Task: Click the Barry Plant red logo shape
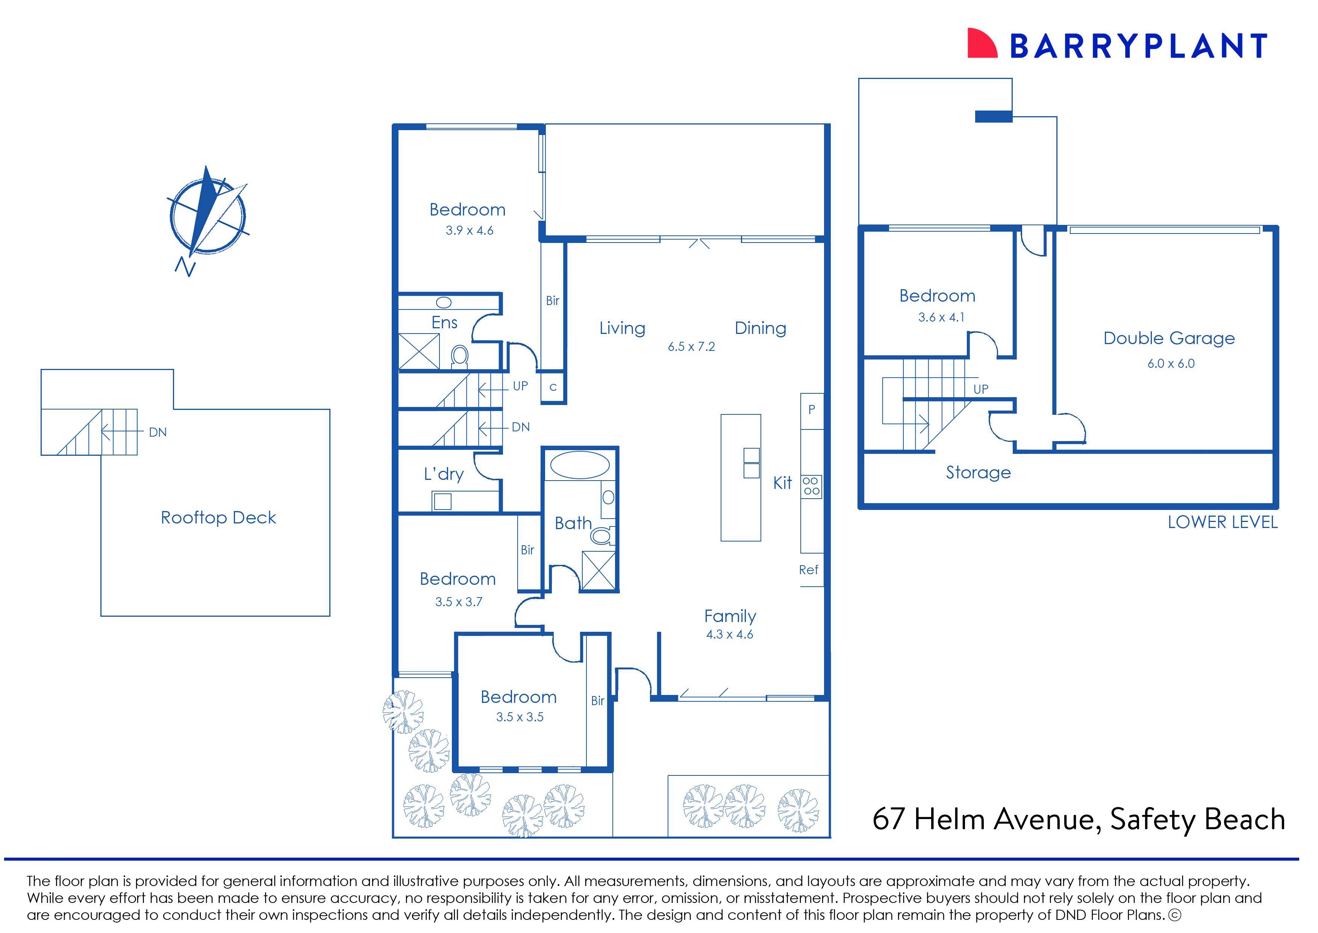point(983,44)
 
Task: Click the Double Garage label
point(1169,338)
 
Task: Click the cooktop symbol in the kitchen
point(812,486)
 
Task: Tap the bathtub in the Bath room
point(579,465)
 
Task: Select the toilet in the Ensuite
point(459,356)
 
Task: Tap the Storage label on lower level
point(978,473)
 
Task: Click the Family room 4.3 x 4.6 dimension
point(729,635)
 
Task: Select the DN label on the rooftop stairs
point(158,432)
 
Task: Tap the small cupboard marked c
point(553,387)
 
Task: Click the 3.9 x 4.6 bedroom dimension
point(469,231)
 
